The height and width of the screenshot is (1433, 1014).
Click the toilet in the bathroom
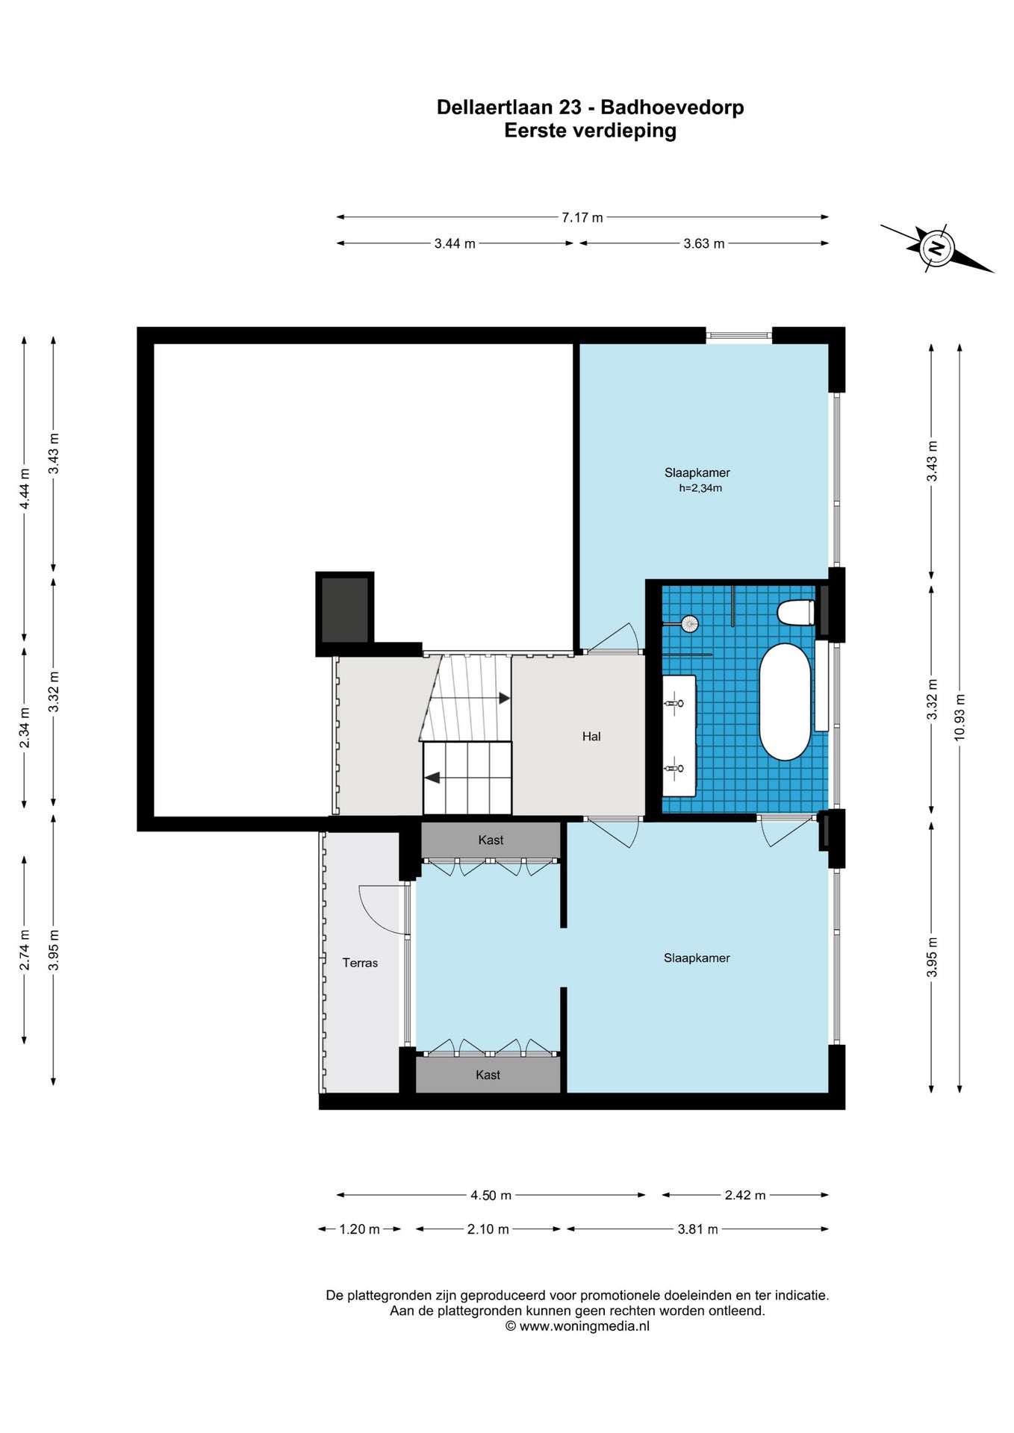coord(795,613)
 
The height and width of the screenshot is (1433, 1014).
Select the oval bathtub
coord(785,701)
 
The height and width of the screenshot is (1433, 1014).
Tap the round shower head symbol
coord(690,622)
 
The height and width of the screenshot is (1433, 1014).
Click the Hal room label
coord(591,737)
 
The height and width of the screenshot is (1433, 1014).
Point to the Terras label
coord(360,963)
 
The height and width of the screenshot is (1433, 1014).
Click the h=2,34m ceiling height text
coord(700,489)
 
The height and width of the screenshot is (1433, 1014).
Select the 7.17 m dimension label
coord(582,217)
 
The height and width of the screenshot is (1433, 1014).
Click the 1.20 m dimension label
coord(360,1229)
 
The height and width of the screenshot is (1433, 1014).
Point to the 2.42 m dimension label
coord(745,1195)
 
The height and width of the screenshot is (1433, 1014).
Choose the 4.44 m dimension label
coord(25,489)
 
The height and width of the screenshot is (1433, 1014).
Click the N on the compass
coord(936,247)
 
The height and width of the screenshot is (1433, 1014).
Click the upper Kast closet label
coord(491,840)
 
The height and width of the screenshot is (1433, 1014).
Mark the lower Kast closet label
coord(488,1075)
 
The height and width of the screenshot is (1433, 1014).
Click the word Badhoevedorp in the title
coord(672,107)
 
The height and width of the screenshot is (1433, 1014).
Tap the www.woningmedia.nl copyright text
coord(577,1326)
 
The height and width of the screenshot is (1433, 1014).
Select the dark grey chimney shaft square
coord(345,610)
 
